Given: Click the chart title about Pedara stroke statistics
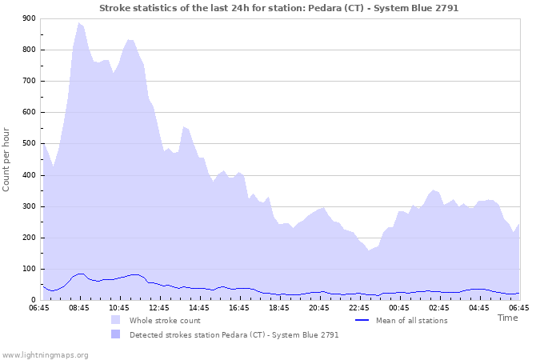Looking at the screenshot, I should [279, 7].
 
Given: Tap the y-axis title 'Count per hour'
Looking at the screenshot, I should [7, 159].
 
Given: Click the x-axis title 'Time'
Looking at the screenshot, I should [507, 318].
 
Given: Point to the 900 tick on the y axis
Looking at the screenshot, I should [28, 18].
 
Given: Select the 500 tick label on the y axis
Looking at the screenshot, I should [28, 144].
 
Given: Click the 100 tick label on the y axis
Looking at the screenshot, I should [28, 269].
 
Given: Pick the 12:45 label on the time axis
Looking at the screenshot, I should [159, 307].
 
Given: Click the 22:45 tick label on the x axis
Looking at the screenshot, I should [359, 307].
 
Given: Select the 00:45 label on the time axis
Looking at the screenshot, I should [399, 307].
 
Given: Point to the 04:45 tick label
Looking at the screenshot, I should [479, 307].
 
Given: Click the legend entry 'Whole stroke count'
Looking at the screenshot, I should [164, 321].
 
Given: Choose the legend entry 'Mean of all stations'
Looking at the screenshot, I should [411, 321].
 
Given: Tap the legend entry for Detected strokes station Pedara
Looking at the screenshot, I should [234, 335].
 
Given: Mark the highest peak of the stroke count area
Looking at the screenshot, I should [78, 23].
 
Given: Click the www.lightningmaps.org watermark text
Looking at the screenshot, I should [46, 354].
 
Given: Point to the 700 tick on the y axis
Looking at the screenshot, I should [28, 81].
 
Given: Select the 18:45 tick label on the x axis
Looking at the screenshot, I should [279, 307].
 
